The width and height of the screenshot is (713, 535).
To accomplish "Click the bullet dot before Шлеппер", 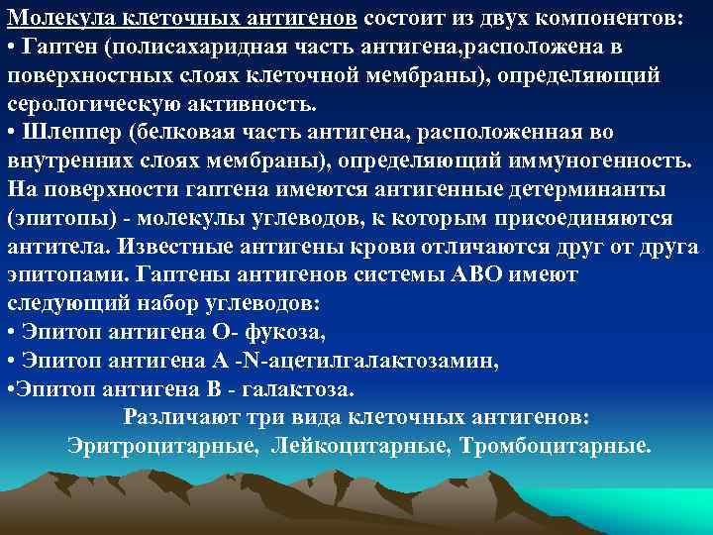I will [11, 133].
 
